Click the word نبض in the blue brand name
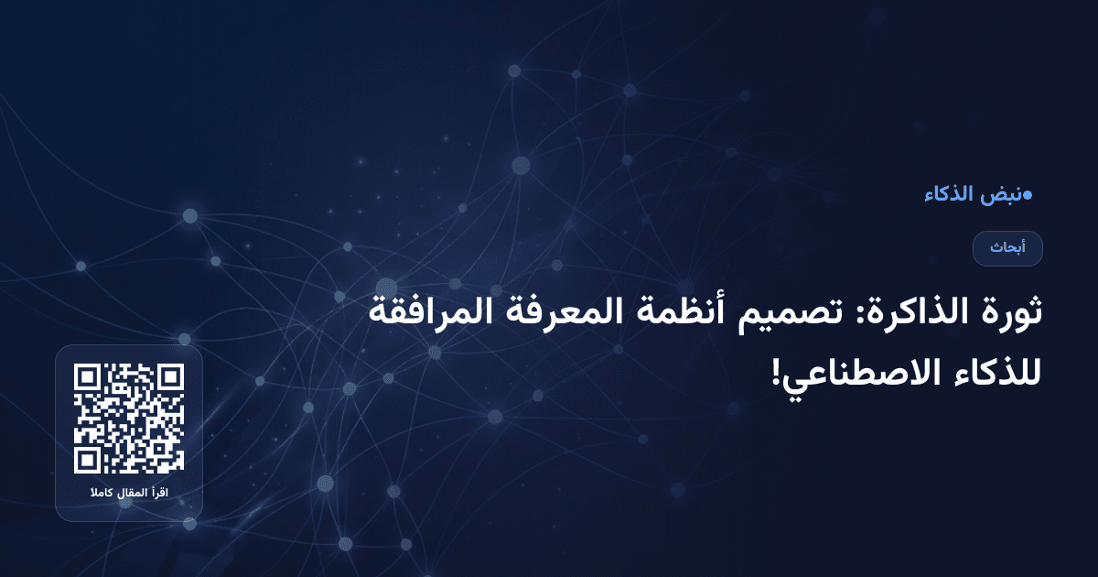coord(1000,195)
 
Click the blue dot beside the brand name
coord(1028,195)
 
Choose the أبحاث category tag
coord(1007,248)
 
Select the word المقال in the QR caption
coord(134,495)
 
